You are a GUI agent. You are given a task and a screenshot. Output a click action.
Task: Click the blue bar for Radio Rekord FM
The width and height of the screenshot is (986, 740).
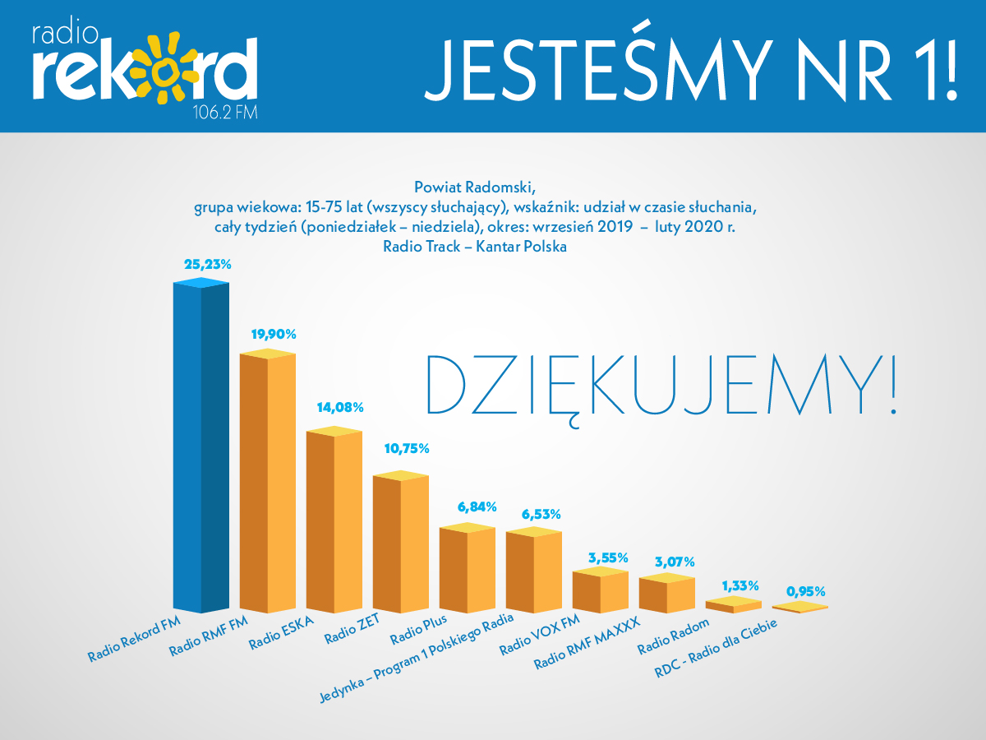click(x=200, y=448)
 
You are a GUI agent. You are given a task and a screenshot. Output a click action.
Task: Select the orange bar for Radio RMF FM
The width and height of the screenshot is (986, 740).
click(x=267, y=485)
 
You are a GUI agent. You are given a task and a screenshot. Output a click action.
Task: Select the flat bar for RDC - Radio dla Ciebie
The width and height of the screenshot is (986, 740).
click(x=799, y=608)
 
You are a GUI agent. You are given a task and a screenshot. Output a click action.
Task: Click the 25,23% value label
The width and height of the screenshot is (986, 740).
click(x=208, y=265)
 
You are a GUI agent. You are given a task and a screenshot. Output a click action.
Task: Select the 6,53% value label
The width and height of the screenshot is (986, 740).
click(x=541, y=514)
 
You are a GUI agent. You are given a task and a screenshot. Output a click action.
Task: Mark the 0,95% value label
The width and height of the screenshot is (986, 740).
click(x=806, y=590)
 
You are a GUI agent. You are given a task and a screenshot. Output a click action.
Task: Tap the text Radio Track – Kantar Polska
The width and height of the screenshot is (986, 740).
click(x=475, y=245)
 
